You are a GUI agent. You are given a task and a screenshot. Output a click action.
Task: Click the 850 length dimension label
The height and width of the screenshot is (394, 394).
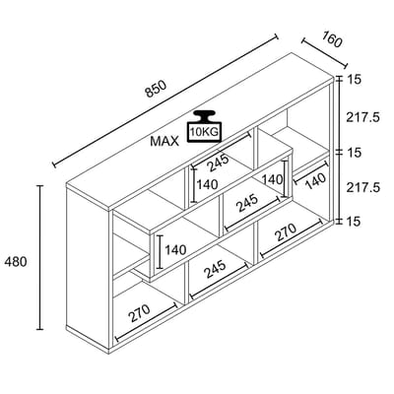(x=157, y=89)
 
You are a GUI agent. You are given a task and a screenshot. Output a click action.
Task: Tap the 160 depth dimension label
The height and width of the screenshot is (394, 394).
(x=332, y=39)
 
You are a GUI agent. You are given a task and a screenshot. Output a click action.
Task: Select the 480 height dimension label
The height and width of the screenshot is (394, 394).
(x=16, y=262)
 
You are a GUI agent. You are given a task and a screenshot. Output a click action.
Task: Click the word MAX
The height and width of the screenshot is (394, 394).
(x=164, y=141)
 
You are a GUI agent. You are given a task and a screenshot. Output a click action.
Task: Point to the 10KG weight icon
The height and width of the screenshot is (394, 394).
(x=204, y=126)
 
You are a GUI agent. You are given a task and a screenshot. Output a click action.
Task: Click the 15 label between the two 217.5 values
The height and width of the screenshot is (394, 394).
(x=354, y=153)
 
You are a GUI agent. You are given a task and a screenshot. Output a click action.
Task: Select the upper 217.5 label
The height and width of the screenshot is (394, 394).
(x=362, y=117)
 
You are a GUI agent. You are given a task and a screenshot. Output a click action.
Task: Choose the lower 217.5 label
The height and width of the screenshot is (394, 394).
(x=362, y=187)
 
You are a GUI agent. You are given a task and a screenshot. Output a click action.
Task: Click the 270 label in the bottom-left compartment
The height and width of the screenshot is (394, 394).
(x=139, y=313)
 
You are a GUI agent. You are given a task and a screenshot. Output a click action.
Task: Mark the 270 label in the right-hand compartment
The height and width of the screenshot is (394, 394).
(x=285, y=232)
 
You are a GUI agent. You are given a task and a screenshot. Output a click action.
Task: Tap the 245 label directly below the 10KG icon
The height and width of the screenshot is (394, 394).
(x=219, y=163)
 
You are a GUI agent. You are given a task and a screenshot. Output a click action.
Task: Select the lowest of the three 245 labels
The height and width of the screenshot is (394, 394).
(x=215, y=269)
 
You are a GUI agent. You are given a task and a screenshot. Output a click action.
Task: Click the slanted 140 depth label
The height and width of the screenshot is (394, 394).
(x=315, y=181)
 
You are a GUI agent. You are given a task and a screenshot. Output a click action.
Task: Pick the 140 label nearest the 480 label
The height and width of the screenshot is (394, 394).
(x=175, y=250)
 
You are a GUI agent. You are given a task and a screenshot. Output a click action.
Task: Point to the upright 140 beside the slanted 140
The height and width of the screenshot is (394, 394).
(x=272, y=179)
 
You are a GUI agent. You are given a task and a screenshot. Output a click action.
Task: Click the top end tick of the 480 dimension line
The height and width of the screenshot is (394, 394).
(x=40, y=186)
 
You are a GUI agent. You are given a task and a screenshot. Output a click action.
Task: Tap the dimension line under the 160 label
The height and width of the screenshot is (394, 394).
(x=324, y=53)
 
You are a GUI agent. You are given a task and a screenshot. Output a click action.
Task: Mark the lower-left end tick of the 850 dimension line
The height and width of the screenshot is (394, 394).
(x=54, y=164)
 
